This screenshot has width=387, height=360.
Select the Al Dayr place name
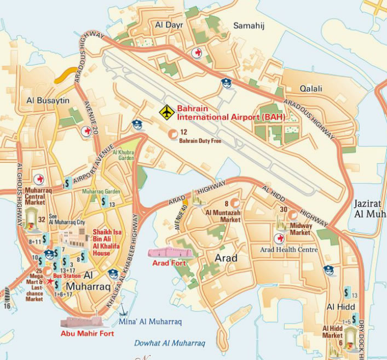[169, 25]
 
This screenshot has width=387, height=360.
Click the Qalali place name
[310, 88]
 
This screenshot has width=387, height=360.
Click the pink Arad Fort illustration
[170, 253]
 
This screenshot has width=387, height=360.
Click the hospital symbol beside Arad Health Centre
[279, 238]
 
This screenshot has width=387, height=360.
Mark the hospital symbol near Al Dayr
[197, 53]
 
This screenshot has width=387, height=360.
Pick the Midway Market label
[300, 228]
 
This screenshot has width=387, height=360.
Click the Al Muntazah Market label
[223, 215]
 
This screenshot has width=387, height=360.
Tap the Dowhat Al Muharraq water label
[170, 343]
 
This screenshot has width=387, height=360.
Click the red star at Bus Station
[50, 281]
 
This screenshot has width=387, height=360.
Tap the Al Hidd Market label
[333, 332]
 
